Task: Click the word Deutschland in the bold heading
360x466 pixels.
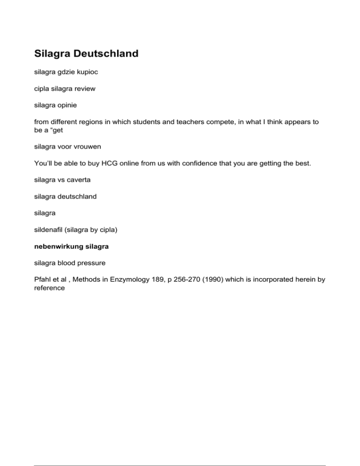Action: click(x=104, y=53)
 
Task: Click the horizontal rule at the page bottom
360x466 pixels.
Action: click(x=180, y=452)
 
